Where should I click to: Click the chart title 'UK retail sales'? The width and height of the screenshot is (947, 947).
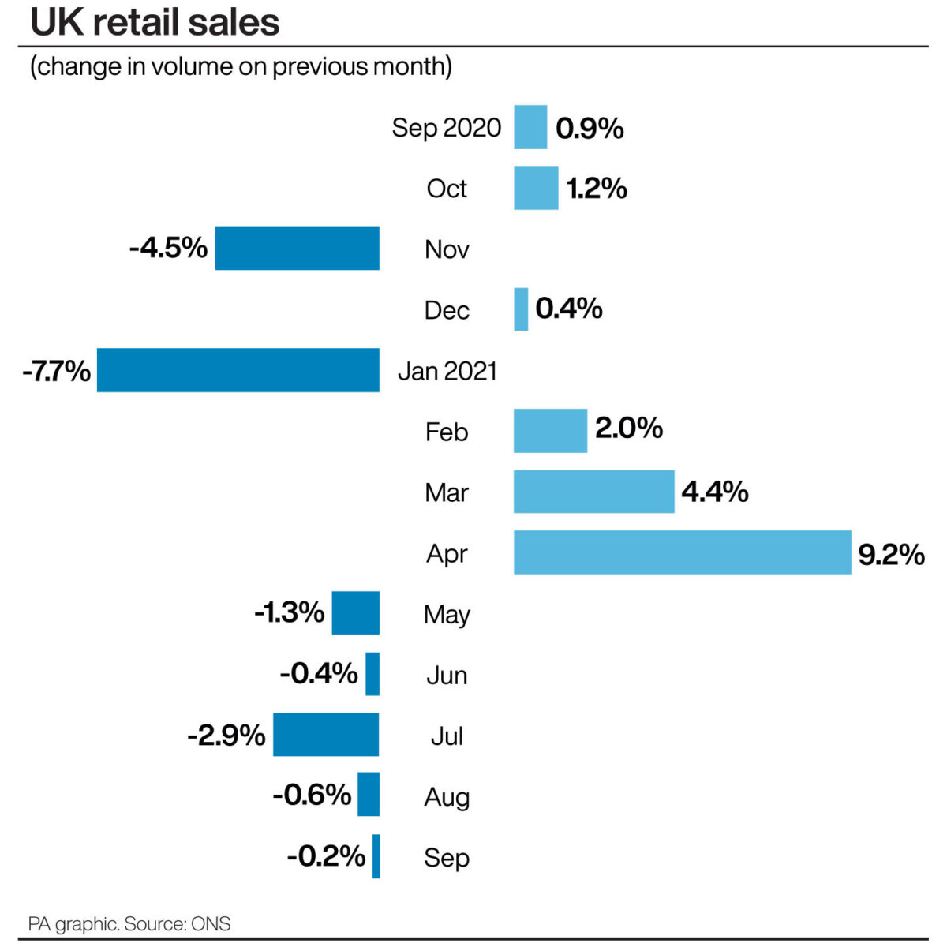point(155,22)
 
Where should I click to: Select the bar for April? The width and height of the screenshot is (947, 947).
point(682,552)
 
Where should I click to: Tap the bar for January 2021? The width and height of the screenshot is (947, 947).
point(238,370)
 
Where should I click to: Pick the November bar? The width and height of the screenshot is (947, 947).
point(297,249)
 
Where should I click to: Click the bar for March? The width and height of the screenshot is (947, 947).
point(593,492)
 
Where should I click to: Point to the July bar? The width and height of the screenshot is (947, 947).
point(326,735)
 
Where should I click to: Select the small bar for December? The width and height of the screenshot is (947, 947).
point(521,309)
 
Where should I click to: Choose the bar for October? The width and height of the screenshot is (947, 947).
point(536,188)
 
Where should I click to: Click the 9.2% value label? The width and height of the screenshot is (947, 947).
point(891,554)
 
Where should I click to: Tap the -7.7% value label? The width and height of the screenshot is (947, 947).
point(56,370)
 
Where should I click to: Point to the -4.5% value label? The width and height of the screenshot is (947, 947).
point(168,248)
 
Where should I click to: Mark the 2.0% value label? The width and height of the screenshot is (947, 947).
point(628,429)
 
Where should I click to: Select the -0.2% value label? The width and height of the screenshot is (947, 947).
point(326,855)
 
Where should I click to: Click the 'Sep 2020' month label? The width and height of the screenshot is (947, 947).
point(446,127)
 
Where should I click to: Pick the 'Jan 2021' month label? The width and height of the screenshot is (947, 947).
point(447,370)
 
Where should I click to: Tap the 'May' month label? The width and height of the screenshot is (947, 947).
point(447,614)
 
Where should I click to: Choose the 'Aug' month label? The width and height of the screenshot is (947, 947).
point(447,796)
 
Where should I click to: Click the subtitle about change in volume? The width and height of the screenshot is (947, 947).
point(241,66)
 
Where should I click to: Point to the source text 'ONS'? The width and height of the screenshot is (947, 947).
point(211,923)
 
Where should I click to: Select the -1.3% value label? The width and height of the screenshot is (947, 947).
point(289,612)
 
